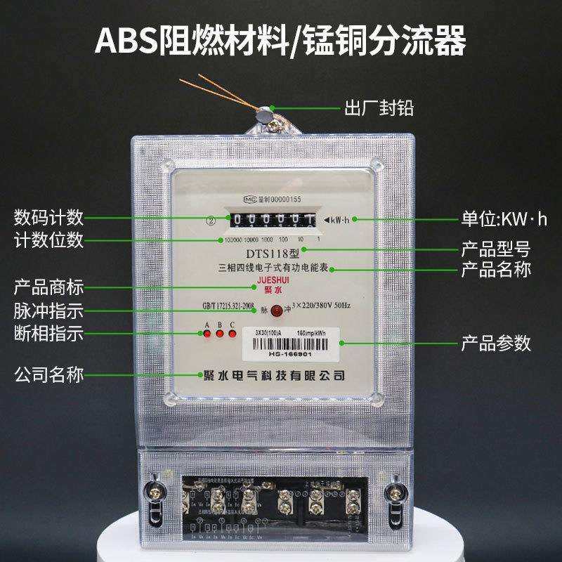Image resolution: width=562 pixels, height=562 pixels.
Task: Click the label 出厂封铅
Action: point(378,109)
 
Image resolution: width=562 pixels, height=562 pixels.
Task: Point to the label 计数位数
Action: point(48,240)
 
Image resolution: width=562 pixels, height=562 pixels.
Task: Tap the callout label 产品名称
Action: point(495,269)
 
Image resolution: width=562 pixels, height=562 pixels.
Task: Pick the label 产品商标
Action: point(48,287)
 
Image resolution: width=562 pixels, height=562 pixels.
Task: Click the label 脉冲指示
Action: point(48,311)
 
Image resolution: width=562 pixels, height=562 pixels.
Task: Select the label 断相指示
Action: point(48,334)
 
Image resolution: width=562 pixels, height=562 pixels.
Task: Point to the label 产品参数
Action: point(495,344)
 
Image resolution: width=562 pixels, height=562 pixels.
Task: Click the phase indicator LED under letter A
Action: point(207,334)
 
